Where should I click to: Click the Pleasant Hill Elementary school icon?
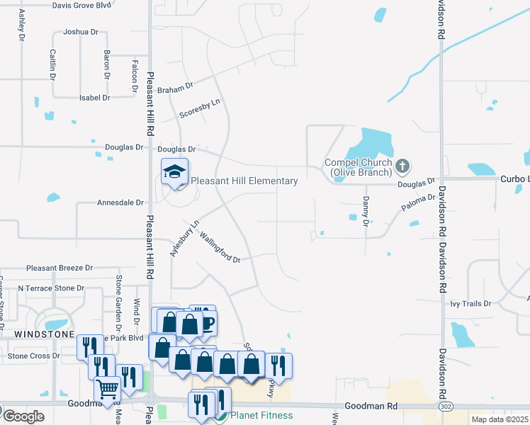click(174, 171)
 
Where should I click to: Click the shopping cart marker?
click(107, 389)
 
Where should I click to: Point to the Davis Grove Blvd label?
click(82, 5)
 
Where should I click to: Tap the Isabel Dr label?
click(94, 98)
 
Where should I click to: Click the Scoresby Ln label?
click(200, 108)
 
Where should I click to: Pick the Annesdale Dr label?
click(120, 203)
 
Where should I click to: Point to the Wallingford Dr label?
click(220, 247)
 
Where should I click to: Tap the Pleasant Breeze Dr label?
click(60, 268)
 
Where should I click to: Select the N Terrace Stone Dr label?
click(51, 289)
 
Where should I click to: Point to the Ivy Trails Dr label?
click(470, 304)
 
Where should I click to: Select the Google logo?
click(23, 416)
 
